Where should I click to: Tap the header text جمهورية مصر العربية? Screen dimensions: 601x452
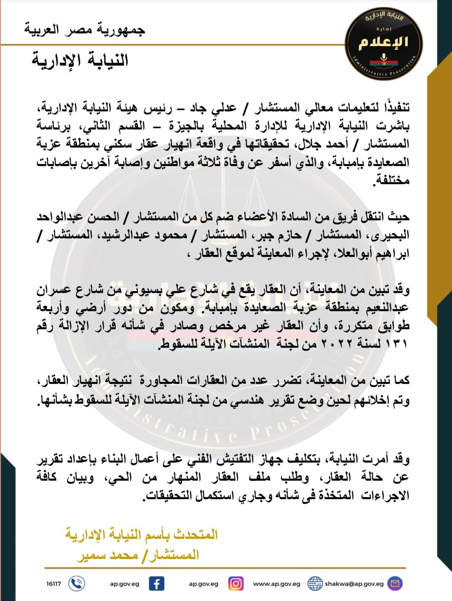(85, 31)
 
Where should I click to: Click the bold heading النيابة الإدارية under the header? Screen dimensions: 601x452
(80, 60)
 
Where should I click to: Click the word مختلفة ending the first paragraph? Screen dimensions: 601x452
(391, 180)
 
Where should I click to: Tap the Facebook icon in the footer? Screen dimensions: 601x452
(157, 583)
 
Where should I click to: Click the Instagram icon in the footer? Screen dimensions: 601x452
(236, 583)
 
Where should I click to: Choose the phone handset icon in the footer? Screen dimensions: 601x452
(76, 583)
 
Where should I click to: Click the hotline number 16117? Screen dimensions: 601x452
(53, 584)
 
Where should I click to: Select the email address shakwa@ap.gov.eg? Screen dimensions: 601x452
(354, 584)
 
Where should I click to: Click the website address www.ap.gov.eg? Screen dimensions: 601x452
(277, 584)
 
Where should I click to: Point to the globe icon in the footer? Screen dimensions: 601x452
(315, 583)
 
